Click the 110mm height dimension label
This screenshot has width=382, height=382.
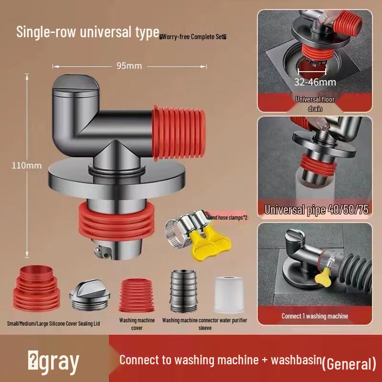coord(27,166)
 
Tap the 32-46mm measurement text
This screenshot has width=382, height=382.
coord(315,82)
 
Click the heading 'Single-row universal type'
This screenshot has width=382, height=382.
coord(87,32)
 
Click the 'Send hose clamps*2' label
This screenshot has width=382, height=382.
coord(227,217)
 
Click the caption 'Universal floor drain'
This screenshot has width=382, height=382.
coord(315,104)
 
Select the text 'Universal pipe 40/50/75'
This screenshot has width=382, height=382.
coord(316,209)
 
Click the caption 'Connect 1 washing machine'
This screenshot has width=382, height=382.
coord(315,316)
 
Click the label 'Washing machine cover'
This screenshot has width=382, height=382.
coord(137,324)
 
